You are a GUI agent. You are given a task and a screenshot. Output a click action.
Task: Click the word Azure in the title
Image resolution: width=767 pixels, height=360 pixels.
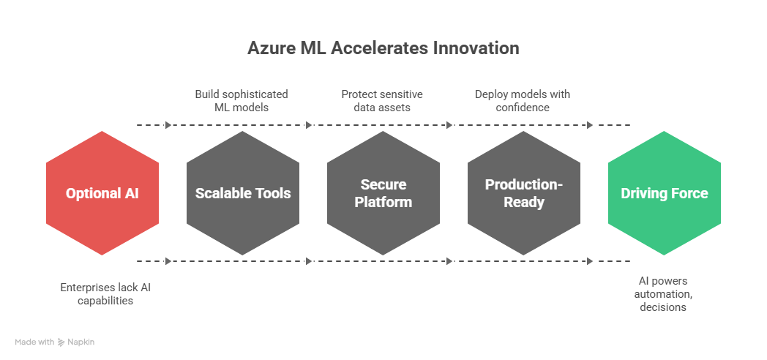270,48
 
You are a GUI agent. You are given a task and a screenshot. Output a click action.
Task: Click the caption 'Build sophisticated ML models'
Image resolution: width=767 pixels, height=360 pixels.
241,101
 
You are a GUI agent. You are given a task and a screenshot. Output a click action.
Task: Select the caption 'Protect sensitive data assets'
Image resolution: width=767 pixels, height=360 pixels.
382,101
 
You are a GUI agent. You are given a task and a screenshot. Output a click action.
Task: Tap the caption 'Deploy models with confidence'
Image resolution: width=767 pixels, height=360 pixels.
522,101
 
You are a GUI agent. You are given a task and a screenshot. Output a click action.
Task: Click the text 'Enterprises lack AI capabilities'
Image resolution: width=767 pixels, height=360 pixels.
105,294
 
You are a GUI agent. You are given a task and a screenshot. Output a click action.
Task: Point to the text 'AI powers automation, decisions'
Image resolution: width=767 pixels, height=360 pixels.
662,294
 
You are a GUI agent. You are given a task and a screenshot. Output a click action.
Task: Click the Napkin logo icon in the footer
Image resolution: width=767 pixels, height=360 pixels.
61,342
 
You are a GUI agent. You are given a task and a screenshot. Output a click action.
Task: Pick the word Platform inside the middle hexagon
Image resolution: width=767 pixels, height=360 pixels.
383,202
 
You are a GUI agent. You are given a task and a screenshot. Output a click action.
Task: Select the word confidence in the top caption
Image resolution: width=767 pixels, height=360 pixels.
522,108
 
